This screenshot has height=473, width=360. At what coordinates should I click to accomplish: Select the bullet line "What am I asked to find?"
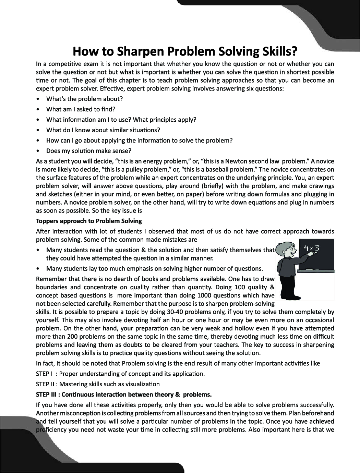81,109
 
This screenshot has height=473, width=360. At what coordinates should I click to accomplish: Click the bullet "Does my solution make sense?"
88,151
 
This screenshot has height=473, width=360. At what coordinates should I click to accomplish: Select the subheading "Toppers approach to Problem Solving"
89,221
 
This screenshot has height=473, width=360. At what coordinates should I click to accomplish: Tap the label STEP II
45,384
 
